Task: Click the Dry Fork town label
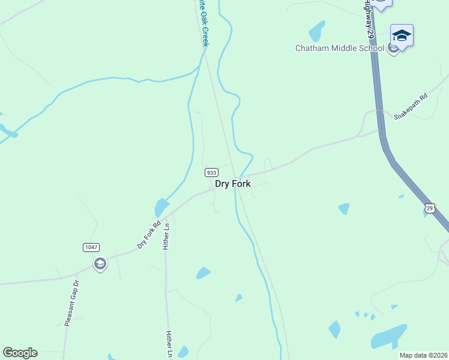tap(232, 184)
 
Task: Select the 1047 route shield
tap(91, 247)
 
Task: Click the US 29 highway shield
tap(430, 208)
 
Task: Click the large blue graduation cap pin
tap(401, 36)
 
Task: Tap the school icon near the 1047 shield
tap(100, 264)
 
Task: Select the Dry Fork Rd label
tap(149, 235)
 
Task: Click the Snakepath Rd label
tap(410, 107)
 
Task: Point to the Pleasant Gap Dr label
tap(71, 303)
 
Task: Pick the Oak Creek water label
tap(203, 24)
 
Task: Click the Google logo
tap(20, 353)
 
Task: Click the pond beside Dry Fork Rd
tap(161, 208)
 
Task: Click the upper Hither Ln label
tap(167, 236)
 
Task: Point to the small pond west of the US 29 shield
tap(343, 208)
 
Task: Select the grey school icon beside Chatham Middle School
tap(393, 49)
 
